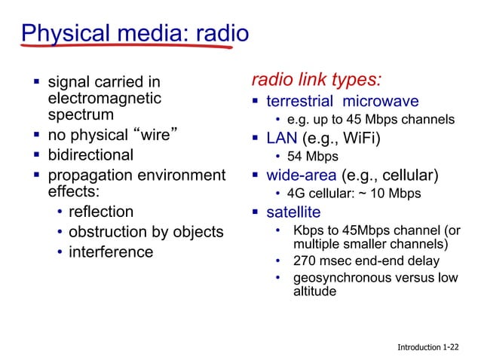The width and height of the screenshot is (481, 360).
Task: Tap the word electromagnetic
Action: click(x=104, y=98)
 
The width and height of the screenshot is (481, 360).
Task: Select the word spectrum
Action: click(x=81, y=115)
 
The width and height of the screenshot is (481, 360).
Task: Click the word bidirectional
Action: click(x=90, y=155)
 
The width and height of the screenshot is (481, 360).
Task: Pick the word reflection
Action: click(x=101, y=212)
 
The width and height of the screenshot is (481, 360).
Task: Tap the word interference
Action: click(x=111, y=252)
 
